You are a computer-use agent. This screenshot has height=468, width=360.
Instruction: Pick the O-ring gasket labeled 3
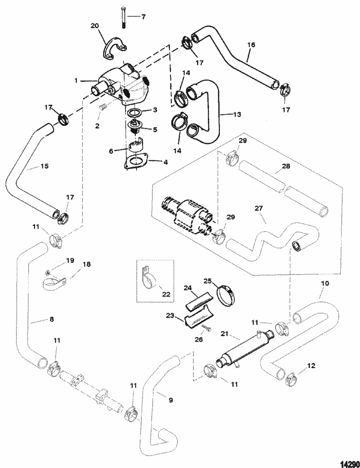[x=135, y=112]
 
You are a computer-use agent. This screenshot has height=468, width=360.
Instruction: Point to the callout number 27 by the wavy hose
[x=259, y=209]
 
